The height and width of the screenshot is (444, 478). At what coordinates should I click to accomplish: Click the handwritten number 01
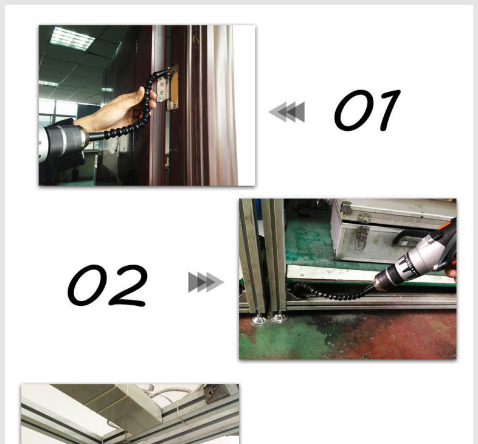pos(367,110)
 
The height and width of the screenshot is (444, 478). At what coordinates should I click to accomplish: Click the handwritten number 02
pos(107,285)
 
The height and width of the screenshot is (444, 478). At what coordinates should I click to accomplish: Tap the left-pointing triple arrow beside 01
pos(286,112)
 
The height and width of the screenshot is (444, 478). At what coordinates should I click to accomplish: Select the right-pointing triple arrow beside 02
pos(206,282)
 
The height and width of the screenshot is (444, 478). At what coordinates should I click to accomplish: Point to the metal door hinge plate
pos(162,89)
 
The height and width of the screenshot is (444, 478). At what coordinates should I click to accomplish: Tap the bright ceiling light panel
pos(72,38)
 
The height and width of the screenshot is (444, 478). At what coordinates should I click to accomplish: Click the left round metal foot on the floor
pos(259,319)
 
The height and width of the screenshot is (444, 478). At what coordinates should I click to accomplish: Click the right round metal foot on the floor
pos(278,318)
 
